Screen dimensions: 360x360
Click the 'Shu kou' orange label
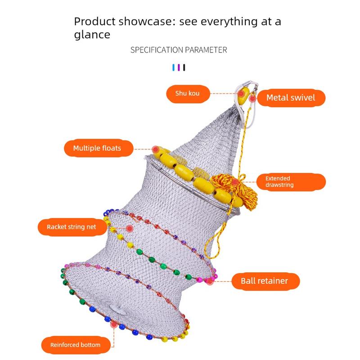click(188, 94)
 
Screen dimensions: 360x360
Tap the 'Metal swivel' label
click(291, 98)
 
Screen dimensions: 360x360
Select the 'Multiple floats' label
click(99, 148)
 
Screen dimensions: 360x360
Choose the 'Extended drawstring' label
click(291, 182)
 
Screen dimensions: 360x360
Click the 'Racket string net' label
click(72, 227)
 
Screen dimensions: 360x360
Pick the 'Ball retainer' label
click(265, 281)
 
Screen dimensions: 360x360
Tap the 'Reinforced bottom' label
click(76, 345)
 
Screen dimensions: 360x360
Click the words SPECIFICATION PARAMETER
click(179, 50)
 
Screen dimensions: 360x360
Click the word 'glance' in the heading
click(92, 35)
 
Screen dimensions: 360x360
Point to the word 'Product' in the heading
click(95, 21)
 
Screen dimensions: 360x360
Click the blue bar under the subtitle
click(174, 67)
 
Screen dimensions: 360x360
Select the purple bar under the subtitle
click(179, 67)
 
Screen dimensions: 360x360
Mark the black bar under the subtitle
click(184, 67)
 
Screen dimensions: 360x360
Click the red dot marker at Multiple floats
click(156, 149)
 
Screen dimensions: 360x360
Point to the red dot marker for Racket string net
click(130, 229)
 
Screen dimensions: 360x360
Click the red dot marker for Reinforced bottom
click(114, 324)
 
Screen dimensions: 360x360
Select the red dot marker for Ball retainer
click(210, 281)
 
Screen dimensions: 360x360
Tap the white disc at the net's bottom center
click(119, 310)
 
